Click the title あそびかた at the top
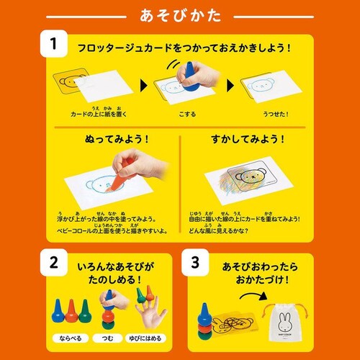click(x=180, y=15)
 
